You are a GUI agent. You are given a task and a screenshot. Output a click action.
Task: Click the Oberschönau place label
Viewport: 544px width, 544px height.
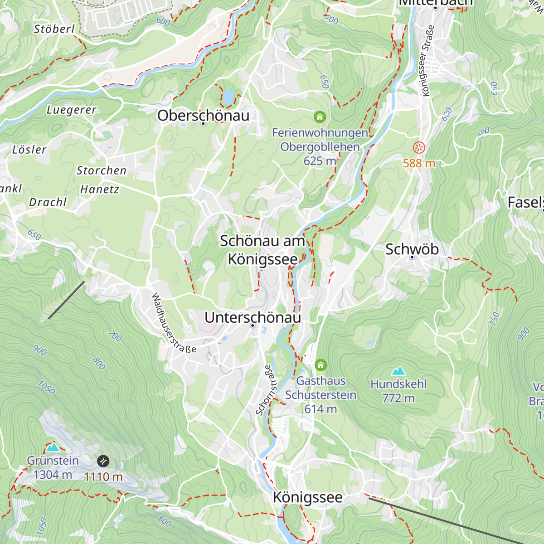(203, 116)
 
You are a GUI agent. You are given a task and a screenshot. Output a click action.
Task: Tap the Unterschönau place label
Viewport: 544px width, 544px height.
(253, 317)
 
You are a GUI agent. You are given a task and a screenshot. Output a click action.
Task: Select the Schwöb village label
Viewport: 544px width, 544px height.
(412, 249)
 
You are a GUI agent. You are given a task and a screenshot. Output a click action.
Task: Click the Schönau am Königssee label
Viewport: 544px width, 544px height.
(263, 250)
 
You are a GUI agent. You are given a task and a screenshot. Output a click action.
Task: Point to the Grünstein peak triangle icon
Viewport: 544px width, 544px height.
(53, 447)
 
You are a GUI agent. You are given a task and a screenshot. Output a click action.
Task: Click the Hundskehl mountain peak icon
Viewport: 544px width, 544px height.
(398, 371)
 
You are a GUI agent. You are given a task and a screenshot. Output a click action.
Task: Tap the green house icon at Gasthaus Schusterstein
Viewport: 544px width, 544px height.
(321, 365)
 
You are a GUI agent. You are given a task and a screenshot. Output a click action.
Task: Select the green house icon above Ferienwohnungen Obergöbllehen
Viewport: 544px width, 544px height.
(320, 117)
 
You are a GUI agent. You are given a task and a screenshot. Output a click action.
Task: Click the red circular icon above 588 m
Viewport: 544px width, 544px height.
(419, 147)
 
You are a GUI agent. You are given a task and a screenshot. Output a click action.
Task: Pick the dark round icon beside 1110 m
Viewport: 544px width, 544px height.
(103, 461)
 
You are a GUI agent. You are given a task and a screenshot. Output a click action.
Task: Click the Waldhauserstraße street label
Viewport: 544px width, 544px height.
(173, 323)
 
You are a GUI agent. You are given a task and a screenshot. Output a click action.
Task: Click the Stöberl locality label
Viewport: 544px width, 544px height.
(54, 29)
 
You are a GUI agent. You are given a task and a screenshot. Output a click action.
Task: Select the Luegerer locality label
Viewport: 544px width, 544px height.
(72, 110)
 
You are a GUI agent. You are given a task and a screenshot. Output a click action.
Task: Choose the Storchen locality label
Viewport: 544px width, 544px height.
(102, 170)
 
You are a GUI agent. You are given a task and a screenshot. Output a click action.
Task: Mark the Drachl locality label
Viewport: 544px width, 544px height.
(48, 202)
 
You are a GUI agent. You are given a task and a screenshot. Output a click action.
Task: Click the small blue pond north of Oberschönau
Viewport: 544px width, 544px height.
(228, 96)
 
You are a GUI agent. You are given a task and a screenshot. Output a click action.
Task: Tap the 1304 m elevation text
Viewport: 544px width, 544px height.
(53, 475)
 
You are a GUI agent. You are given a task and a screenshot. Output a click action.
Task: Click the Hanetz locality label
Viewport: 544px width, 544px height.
(100, 189)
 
